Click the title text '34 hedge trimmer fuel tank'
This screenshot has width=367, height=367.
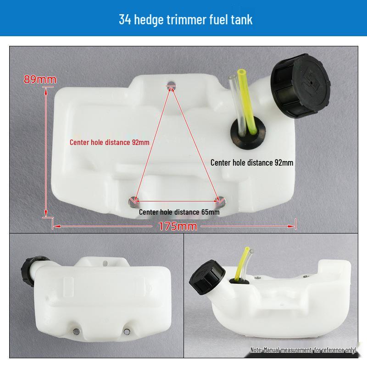click(x=185, y=20)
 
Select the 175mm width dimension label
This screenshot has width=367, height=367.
click(x=178, y=226)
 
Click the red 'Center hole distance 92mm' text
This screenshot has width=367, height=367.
click(x=109, y=142)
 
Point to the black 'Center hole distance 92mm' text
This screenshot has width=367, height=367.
click(x=251, y=162)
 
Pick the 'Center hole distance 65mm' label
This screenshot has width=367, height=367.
click(x=179, y=212)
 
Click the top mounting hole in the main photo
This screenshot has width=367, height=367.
click(x=172, y=84)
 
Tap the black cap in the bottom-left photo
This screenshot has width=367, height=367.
click(x=29, y=271)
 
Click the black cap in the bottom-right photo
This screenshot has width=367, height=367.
click(x=204, y=284)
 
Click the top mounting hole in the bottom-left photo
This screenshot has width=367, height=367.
click(x=109, y=263)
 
